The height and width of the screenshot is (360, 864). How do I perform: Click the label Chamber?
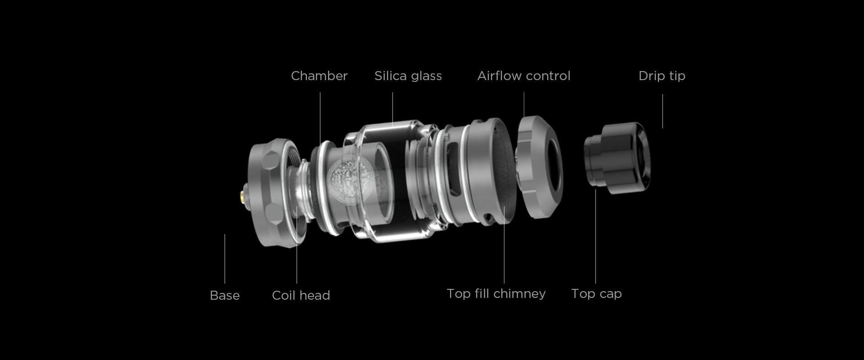pyautogui.click(x=319, y=76)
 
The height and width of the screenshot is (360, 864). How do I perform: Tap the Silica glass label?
pyautogui.click(x=408, y=76)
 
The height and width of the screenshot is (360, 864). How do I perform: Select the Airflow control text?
pyautogui.click(x=524, y=76)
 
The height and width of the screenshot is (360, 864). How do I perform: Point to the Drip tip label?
pyautogui.click(x=662, y=76)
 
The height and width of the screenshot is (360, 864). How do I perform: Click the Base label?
pyautogui.click(x=225, y=295)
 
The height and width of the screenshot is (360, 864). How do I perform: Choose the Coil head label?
pyautogui.click(x=301, y=295)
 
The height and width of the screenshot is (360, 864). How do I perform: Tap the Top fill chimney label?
pyautogui.click(x=496, y=294)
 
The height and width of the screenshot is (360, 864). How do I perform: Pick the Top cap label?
pyautogui.click(x=596, y=294)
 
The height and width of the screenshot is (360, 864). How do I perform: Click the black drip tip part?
pyautogui.click(x=617, y=158)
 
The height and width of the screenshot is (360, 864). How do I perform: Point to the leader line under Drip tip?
pyautogui.click(x=662, y=111)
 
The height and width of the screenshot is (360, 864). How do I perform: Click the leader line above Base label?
pyautogui.click(x=225, y=259)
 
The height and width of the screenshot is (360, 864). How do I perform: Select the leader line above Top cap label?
pyautogui.click(x=595, y=236)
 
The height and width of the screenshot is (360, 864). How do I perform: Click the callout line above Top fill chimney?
pyautogui.click(x=504, y=244)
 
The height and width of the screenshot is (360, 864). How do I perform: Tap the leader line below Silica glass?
pyautogui.click(x=392, y=108)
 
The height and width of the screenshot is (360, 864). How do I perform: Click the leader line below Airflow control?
pyautogui.click(x=524, y=104)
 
